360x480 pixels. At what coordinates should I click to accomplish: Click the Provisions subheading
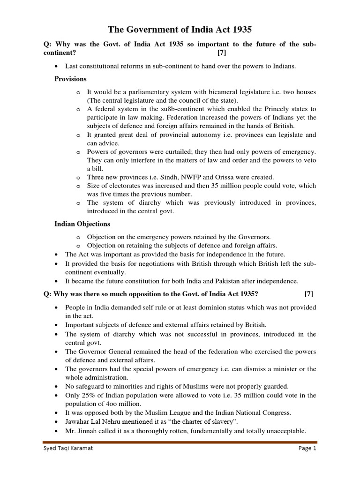coord(71,79)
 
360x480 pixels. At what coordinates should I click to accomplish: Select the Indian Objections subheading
coord(82,224)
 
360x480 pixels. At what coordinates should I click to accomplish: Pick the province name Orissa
coord(208,177)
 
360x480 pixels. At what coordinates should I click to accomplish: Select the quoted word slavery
coord(220,421)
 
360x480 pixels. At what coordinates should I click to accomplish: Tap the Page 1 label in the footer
coord(307,448)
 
